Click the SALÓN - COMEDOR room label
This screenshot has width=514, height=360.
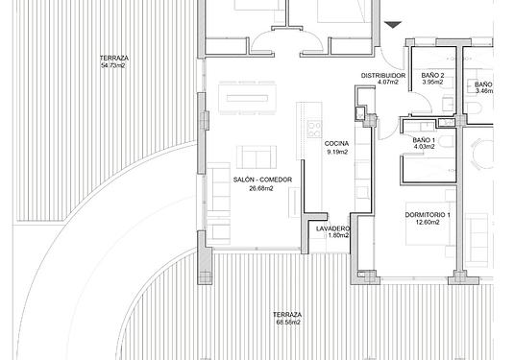tap(262, 180)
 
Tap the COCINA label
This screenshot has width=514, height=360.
tap(336, 143)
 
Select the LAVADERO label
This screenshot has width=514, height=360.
tap(332, 228)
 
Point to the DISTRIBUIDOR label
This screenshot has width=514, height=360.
tap(383, 75)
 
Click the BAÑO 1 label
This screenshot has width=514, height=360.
tap(424, 140)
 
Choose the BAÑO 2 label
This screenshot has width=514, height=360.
tap(432, 75)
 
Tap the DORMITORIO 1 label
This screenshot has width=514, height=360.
tap(428, 215)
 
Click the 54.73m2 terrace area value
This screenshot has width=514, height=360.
tap(113, 65)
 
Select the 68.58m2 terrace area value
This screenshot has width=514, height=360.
tap(288, 322)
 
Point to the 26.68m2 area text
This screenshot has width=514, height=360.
tap(261, 188)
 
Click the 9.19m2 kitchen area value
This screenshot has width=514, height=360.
tap(337, 152)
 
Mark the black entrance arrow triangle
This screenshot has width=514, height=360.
tap(393, 25)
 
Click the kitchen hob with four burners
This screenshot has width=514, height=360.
tap(314, 129)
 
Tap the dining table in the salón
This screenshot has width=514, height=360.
tap(248, 98)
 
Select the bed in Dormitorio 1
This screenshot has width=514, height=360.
tap(429, 224)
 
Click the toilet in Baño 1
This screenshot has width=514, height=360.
tap(447, 141)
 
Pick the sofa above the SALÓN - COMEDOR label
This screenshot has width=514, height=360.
tap(257, 157)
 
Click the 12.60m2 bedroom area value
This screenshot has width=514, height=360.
tap(428, 223)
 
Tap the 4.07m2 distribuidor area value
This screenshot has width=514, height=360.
tap(388, 83)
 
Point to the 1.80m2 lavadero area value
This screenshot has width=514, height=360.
tap(338, 235)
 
